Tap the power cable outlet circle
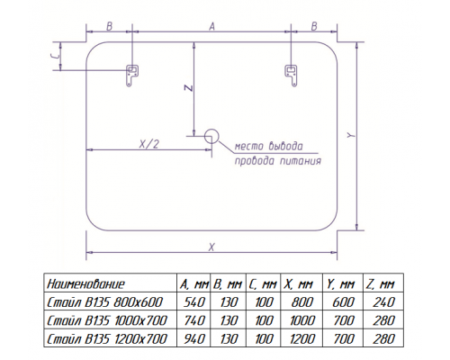click(x=211, y=136)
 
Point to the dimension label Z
click(x=188, y=88)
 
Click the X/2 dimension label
click(x=149, y=144)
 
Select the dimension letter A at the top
click(x=212, y=27)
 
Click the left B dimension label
click(x=109, y=26)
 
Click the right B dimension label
click(x=314, y=26)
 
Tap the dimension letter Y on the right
click(x=351, y=135)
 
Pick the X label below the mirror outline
click(x=211, y=247)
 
